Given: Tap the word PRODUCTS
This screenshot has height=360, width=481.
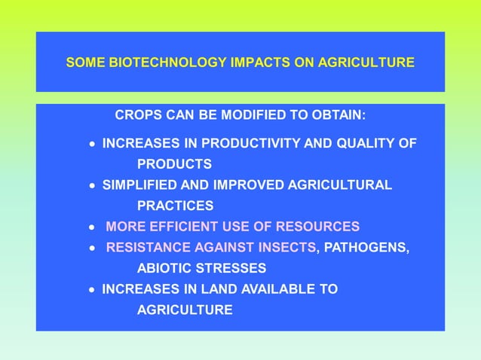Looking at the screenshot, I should pyautogui.click(x=173, y=164).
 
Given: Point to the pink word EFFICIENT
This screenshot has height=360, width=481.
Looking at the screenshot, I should pyautogui.click(x=180, y=227).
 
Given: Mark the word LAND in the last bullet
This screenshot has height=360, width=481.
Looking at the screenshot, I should pyautogui.click(x=217, y=289).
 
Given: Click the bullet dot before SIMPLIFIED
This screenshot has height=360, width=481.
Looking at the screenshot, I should pyautogui.click(x=92, y=185).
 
